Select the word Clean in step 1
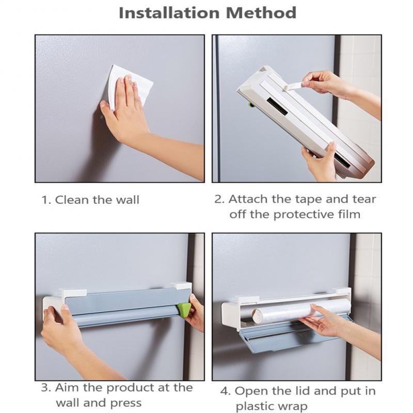(x=72, y=200)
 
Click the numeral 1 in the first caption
(x=44, y=200)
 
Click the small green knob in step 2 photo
(x=251, y=105)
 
